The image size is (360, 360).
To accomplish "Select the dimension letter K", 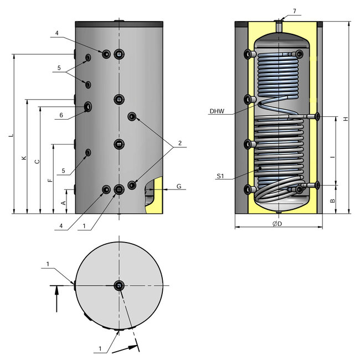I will [24, 158].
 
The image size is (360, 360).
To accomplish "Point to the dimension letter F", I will [50, 181].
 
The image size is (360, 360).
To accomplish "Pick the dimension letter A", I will [63, 203].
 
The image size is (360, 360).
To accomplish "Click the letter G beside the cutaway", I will [179, 187].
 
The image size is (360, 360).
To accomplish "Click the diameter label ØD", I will [278, 224].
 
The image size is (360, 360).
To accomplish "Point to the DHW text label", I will [217, 111].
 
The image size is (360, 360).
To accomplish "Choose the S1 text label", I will [220, 177].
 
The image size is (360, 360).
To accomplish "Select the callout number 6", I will [61, 115].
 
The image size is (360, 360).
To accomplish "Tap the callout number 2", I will [179, 144].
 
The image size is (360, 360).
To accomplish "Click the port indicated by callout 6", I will [89, 106].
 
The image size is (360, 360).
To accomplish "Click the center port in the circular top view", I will [119, 285].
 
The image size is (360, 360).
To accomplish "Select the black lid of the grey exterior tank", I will [119, 24].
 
